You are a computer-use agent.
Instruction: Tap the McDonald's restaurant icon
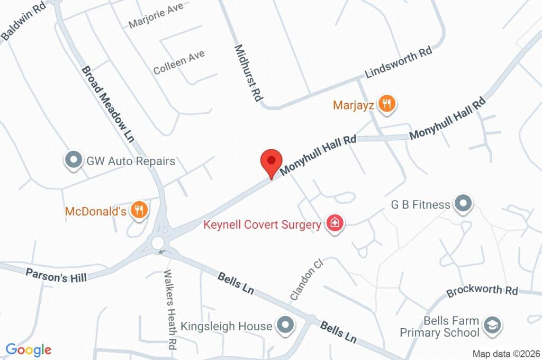(x=139, y=211)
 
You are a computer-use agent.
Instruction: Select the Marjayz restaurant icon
(x=388, y=104)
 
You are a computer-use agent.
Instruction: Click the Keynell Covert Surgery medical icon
(x=334, y=224)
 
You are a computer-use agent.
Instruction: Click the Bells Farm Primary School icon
(x=492, y=326)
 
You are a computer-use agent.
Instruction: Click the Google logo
(x=28, y=350)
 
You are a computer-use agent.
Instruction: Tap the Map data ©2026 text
(x=505, y=354)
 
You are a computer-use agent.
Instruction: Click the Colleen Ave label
(x=178, y=62)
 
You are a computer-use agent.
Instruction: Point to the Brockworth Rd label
(x=482, y=291)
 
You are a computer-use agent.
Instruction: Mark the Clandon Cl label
(x=306, y=280)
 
